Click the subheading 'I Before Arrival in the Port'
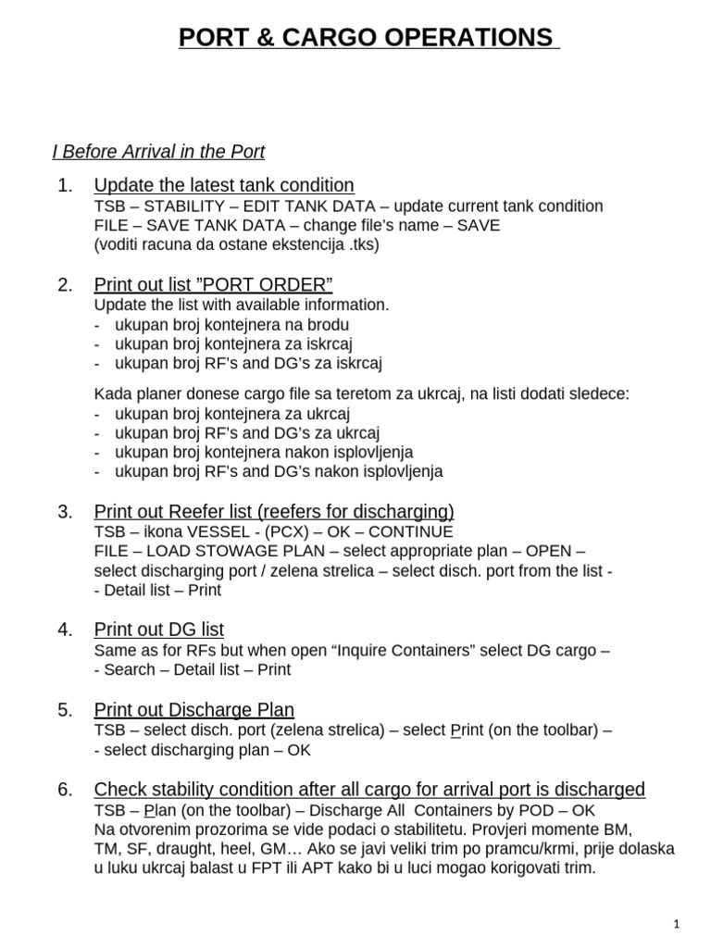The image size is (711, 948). (x=157, y=151)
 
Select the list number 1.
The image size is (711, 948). (x=64, y=185)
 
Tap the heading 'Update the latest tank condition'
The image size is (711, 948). (x=224, y=185)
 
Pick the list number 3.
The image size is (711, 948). (x=64, y=512)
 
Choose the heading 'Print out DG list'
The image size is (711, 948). (x=159, y=630)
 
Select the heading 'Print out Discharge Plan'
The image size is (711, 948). (x=194, y=710)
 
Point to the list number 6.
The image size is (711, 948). (x=64, y=790)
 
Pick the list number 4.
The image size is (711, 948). (x=64, y=630)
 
